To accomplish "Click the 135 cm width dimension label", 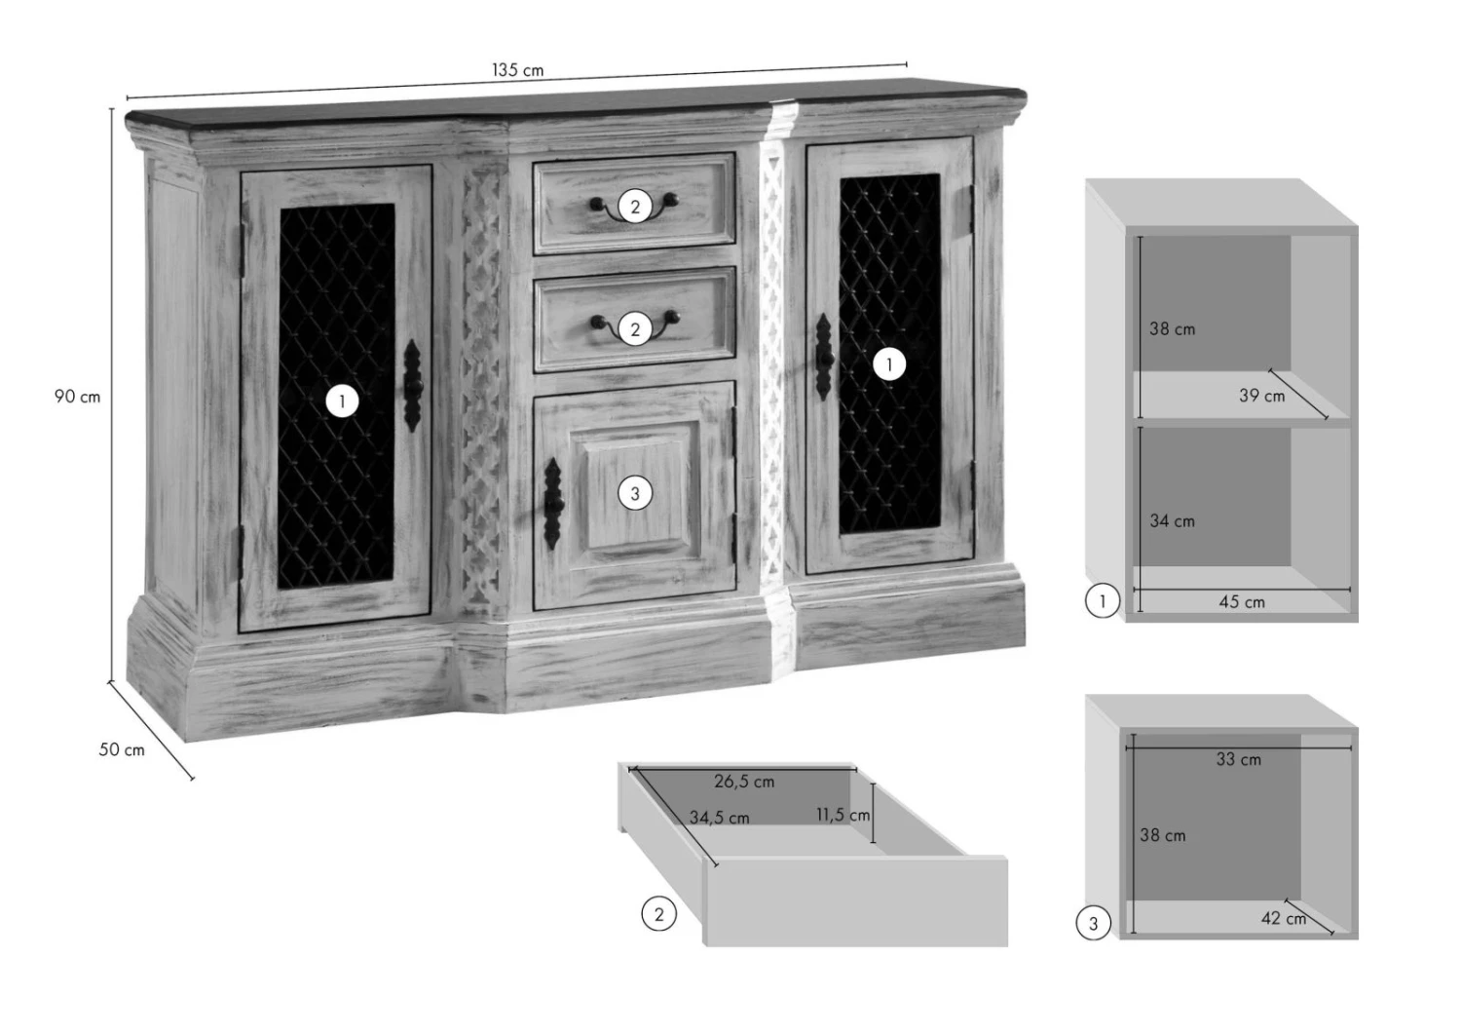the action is [517, 70].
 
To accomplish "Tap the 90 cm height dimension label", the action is [77, 396].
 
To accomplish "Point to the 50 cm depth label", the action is [122, 749].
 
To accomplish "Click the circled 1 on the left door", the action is [342, 402].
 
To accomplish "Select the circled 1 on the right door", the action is [889, 364].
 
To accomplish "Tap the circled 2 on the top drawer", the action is [635, 207].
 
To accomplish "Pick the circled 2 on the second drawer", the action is [635, 328].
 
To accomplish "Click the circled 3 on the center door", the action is [635, 493].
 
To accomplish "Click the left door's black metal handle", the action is [413, 386].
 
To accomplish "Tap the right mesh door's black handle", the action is [824, 357].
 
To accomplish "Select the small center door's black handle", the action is [553, 503].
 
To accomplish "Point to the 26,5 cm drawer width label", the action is [744, 782].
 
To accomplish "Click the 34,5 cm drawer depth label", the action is [720, 817].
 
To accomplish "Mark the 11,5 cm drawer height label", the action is [843, 815].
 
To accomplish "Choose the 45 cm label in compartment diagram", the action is [1242, 601].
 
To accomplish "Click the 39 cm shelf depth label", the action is [1262, 396].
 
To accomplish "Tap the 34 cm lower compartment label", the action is [1172, 520].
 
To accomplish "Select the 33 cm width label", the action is [1239, 759].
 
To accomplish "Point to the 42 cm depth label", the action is [1284, 918].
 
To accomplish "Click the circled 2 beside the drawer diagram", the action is [658, 914].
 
